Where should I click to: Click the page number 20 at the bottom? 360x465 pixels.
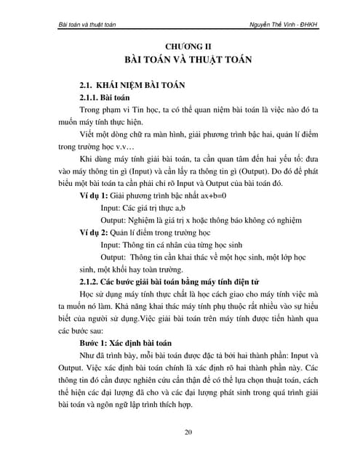point(188,434)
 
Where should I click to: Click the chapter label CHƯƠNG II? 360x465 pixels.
point(188,46)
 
